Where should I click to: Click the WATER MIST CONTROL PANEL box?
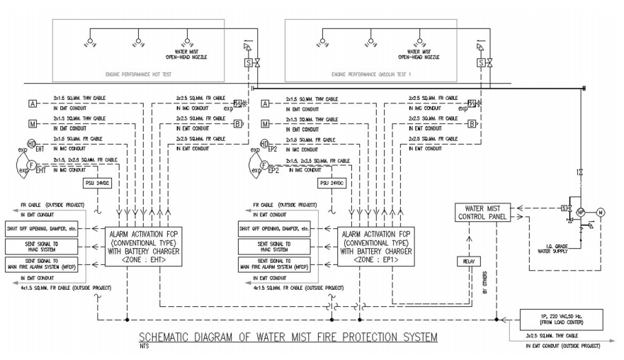484,212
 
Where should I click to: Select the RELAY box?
467,261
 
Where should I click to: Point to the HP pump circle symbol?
579,211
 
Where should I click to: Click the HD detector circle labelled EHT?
33,145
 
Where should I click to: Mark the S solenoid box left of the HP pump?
564,208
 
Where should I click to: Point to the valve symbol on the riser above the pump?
579,172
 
